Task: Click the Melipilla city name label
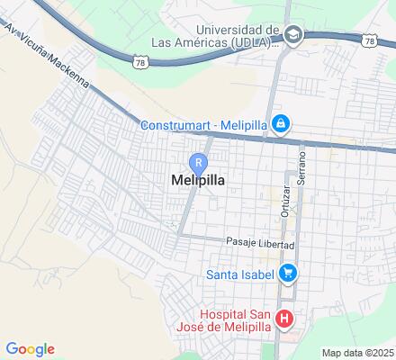coord(197,180)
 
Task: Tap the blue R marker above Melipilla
coord(198,162)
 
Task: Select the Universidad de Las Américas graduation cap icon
coord(293,34)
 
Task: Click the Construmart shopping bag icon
coord(281,123)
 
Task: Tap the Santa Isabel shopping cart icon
coord(288,272)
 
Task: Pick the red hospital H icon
coord(284,318)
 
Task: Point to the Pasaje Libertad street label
coord(260,244)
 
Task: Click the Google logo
coord(30,349)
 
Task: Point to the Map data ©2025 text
coord(358,353)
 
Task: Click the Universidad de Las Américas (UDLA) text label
coord(232,35)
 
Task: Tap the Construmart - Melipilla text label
coord(205,124)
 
